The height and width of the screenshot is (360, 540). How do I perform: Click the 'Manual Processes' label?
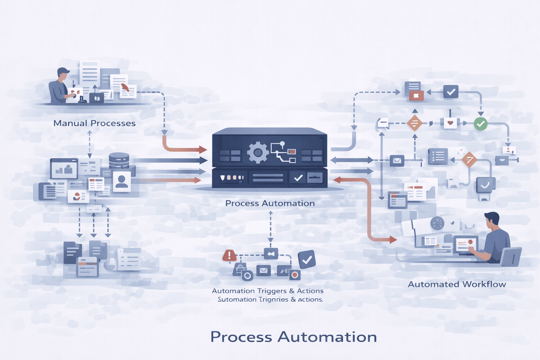coord(94,123)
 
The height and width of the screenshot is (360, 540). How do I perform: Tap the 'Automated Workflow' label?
coord(457,284)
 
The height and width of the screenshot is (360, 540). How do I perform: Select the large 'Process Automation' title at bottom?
coord(294,337)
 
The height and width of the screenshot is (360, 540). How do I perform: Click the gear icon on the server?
coord(258,153)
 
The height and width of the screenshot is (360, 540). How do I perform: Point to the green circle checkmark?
coord(481,124)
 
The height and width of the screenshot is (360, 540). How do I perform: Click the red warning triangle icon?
coord(230,255)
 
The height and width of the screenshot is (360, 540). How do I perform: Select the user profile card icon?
coord(122,181)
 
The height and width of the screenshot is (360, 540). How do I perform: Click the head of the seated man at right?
coord(493,220)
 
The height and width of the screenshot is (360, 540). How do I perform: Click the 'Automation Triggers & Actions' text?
coord(268,291)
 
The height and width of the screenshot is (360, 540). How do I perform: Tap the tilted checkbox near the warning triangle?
coord(307,259)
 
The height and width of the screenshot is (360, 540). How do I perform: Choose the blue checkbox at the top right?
coord(451,92)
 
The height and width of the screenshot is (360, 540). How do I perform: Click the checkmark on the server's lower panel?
coord(298,178)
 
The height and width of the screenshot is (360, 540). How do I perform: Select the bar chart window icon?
coord(64,169)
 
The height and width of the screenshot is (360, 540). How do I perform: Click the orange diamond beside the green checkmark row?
coord(414,123)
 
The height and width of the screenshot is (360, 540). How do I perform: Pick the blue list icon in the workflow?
coord(438,156)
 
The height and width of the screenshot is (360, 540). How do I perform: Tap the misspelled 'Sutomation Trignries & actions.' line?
coord(270,300)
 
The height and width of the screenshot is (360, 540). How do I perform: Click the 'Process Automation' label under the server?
coord(270,203)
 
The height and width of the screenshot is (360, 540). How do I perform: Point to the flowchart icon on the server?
coord(283,152)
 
